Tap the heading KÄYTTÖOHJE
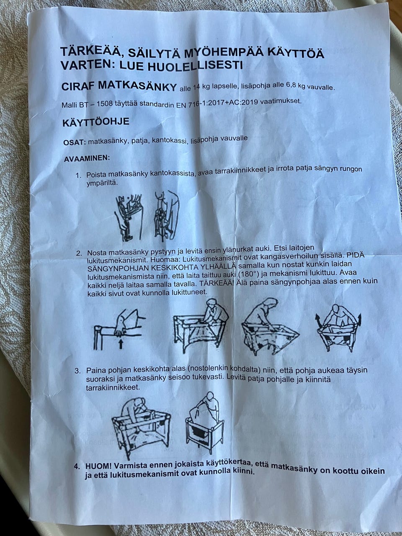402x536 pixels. pos(96,122)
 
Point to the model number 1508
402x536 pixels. pos(105,104)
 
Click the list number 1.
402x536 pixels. pos(78,175)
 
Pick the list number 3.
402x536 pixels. pos(77,371)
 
